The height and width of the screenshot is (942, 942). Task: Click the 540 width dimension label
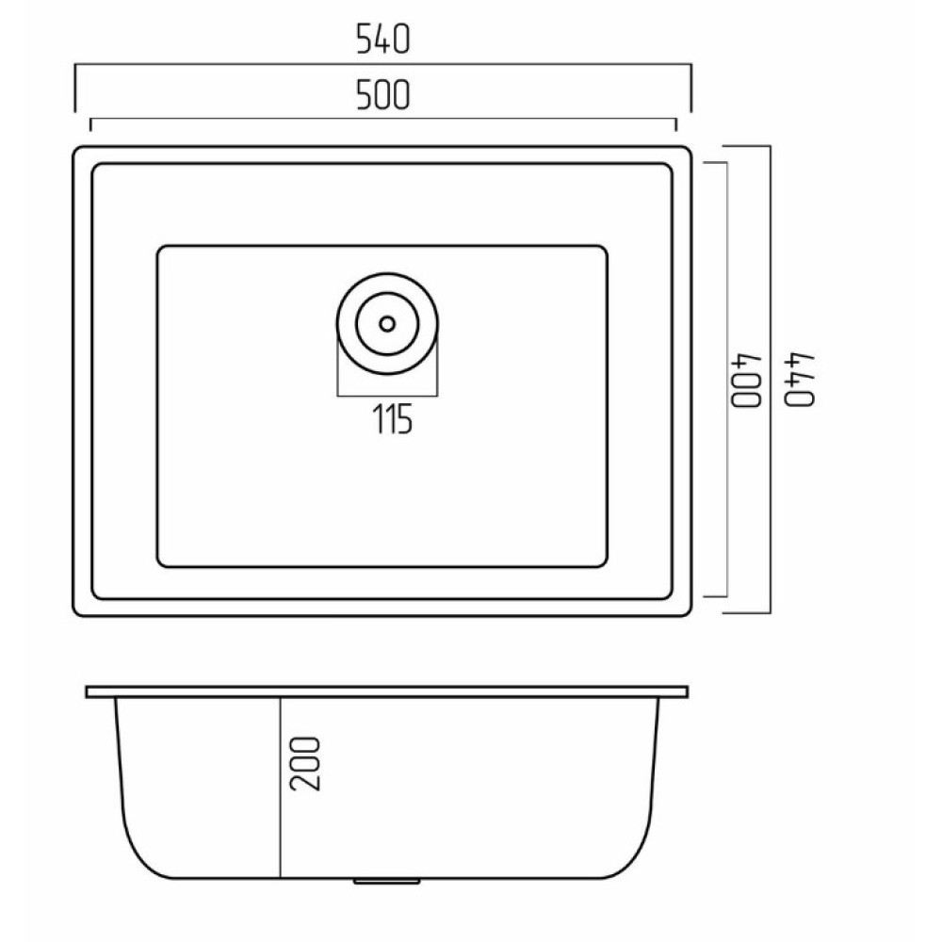(382, 39)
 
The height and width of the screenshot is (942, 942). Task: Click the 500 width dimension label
(382, 95)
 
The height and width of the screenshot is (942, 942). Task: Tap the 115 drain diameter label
(393, 419)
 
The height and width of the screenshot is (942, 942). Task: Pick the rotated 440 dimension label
(800, 380)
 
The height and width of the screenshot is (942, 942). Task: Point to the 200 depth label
(305, 764)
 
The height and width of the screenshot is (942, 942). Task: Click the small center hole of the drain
(387, 324)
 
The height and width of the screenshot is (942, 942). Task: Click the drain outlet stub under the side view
(387, 882)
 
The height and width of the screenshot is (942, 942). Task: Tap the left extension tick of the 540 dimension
(75, 88)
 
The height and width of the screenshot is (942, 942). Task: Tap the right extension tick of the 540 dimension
(690, 88)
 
